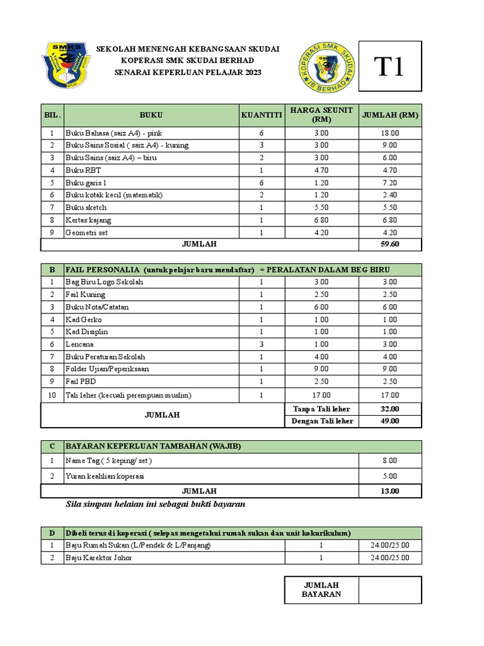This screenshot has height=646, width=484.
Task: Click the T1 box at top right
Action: [390, 67]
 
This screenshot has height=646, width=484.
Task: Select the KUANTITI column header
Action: [261, 115]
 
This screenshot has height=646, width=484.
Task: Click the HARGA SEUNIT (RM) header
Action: [321, 115]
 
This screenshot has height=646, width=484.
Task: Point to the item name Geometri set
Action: [87, 232]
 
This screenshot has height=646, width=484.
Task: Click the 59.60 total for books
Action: [390, 244]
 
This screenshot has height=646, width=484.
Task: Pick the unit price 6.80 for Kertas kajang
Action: [321, 220]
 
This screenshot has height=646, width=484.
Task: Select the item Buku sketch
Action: [86, 208]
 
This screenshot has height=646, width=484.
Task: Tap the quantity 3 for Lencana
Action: [261, 344]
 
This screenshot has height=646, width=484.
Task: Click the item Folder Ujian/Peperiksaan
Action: [107, 368]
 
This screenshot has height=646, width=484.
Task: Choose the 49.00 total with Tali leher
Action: [390, 421]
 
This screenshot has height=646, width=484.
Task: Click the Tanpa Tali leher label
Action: [321, 409]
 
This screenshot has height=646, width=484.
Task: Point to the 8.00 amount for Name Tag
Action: [390, 461]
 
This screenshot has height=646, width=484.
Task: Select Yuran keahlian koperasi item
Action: [105, 476]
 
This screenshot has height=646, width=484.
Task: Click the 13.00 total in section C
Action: [390, 491]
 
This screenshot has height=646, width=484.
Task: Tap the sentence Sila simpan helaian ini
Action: [155, 504]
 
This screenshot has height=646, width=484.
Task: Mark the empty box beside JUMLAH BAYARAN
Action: [390, 590]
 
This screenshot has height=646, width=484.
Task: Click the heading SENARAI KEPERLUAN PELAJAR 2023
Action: [188, 73]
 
